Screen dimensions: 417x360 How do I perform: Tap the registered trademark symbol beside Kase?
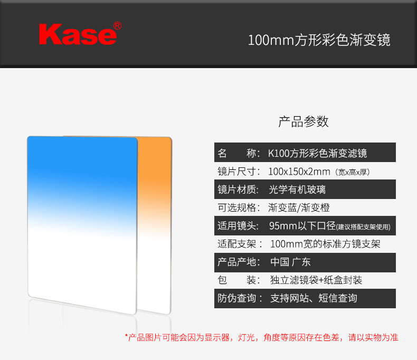pyautogui.click(x=118, y=26)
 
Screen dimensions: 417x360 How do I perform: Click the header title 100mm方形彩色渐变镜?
pyautogui.click(x=319, y=40)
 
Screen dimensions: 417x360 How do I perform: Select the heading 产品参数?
pyautogui.click(x=304, y=121)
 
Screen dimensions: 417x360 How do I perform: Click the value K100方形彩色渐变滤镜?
pyautogui.click(x=318, y=153)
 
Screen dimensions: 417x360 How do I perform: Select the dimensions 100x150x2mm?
pyautogui.click(x=299, y=172)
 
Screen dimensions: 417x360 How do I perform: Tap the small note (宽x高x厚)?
pyautogui.click(x=353, y=172)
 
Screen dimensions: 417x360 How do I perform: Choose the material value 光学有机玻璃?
pyautogui.click(x=297, y=190)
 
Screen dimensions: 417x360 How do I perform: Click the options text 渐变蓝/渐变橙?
pyautogui.click(x=299, y=207)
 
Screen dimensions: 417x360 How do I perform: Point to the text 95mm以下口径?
pyautogui.click(x=302, y=226)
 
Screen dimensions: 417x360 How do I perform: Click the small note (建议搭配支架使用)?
pyautogui.click(x=363, y=227)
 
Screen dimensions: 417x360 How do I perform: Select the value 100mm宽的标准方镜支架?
pyautogui.click(x=325, y=244)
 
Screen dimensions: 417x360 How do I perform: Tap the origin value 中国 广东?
pyautogui.click(x=290, y=262)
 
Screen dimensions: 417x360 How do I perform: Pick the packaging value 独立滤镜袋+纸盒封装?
pyautogui.click(x=316, y=280)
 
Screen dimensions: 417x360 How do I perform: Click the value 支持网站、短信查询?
pyautogui.click(x=314, y=298)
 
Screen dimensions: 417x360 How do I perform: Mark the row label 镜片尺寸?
pyautogui.click(x=239, y=172)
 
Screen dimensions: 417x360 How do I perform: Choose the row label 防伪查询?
pyautogui.click(x=240, y=298)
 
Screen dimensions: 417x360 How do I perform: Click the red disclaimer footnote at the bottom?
pyautogui.click(x=262, y=337)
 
